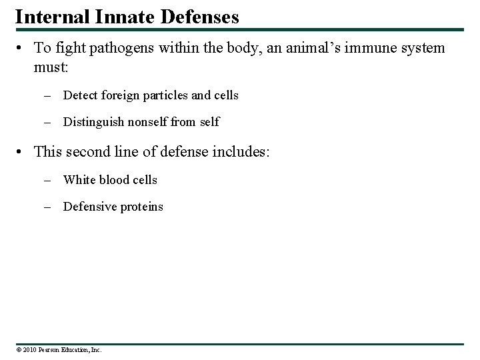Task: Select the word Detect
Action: click(x=81, y=95)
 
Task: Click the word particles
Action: click(x=165, y=95)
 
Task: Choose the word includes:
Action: click(x=237, y=151)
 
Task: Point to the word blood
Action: click(x=116, y=179)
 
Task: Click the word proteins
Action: click(x=141, y=207)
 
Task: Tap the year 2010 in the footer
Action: click(x=27, y=349)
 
